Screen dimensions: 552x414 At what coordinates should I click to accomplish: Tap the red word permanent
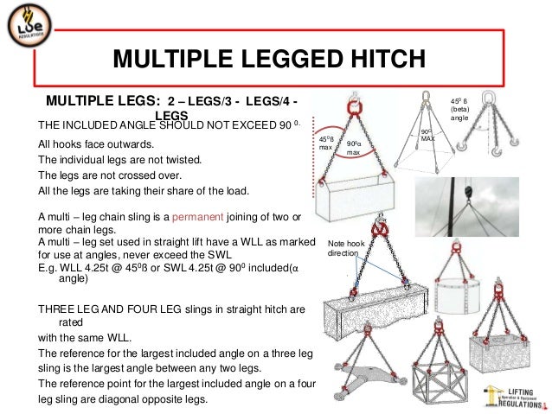[x=197, y=217]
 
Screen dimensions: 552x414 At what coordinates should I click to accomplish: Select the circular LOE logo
[x=29, y=25]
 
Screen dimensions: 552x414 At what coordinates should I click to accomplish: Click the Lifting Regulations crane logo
[x=514, y=397]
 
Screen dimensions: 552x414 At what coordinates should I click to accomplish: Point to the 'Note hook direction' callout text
[x=346, y=248]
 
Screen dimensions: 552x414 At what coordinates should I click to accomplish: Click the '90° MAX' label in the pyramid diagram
[x=427, y=135]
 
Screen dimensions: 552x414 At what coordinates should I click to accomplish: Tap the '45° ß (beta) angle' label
[x=459, y=110]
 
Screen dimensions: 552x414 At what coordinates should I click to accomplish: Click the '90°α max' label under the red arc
[x=354, y=148]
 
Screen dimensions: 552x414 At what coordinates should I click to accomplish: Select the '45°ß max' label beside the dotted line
[x=326, y=143]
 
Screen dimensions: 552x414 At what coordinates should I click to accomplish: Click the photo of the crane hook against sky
[x=467, y=207]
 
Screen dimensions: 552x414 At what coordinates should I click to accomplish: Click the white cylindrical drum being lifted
[x=457, y=296]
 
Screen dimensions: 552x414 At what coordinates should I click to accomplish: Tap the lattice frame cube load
[x=440, y=384]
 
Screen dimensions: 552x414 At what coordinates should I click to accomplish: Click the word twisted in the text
[x=185, y=160]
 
